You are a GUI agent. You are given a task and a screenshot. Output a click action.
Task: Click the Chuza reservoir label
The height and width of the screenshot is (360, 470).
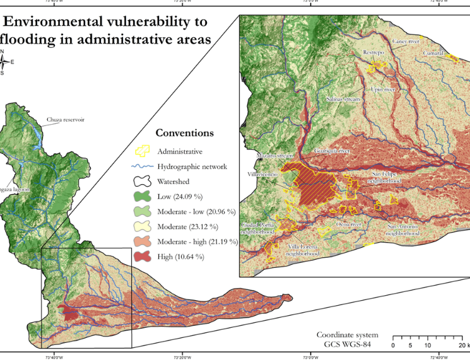tap(66, 119)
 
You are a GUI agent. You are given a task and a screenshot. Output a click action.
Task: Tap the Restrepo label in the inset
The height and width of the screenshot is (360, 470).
tap(373, 53)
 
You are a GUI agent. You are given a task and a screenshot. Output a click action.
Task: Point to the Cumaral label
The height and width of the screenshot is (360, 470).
tap(434, 54)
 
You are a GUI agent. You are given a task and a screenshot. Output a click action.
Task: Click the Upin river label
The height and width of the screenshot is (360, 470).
tap(384, 90)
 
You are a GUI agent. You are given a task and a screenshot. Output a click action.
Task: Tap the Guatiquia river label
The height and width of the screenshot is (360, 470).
tap(332, 151)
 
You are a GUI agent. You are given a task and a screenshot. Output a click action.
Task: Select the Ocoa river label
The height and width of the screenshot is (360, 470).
tap(348, 224)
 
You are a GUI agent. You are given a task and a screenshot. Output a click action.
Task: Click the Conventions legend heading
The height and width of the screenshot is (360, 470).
tap(184, 133)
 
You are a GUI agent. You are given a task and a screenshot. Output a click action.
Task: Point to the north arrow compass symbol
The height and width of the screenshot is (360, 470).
tap(4, 62)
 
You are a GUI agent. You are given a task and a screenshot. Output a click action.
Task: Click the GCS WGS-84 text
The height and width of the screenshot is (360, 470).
tap(347, 344)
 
